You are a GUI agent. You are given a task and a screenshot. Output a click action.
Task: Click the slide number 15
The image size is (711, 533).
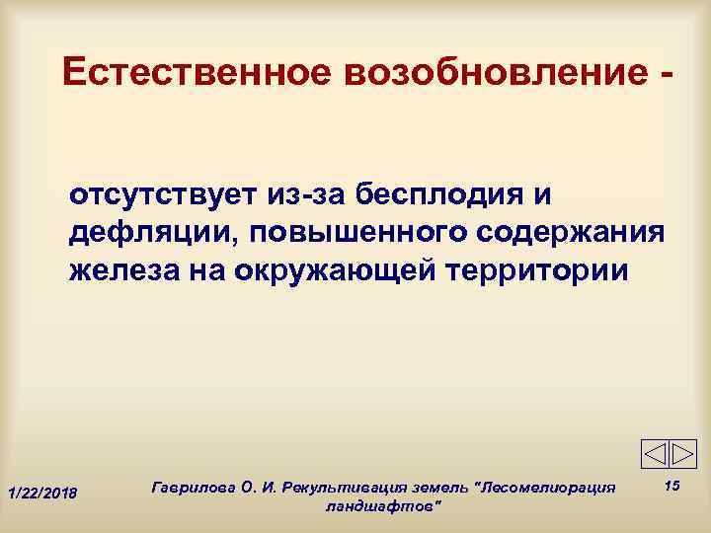672,485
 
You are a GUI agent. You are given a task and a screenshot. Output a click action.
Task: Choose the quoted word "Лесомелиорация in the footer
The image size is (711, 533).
546,488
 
